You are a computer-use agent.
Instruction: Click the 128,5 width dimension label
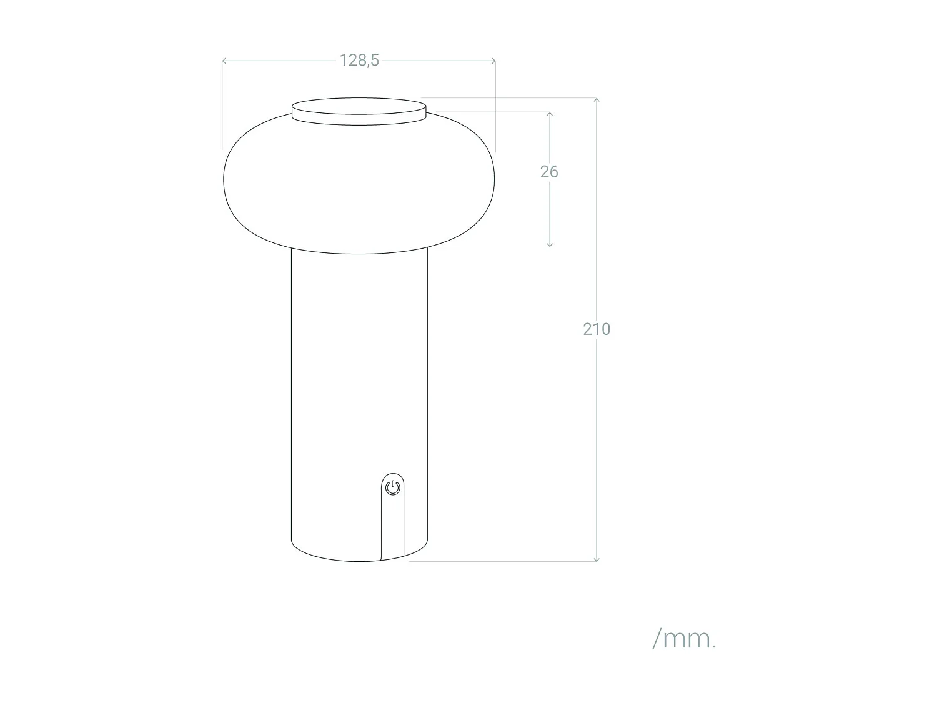click(359, 60)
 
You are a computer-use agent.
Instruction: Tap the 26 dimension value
click(549, 171)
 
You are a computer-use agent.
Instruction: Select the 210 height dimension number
click(596, 329)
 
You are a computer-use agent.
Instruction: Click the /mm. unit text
click(684, 639)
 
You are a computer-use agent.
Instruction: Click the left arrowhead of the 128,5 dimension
click(224, 61)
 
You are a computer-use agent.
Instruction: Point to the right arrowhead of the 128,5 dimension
click(494, 61)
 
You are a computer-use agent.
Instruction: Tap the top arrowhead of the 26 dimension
click(550, 114)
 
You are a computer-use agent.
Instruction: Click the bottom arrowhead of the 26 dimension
click(550, 244)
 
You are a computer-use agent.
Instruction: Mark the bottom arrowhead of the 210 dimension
click(597, 559)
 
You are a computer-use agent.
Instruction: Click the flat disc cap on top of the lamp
click(359, 111)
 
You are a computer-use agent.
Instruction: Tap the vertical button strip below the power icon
click(392, 525)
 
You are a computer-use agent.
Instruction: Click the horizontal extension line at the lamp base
click(500, 561)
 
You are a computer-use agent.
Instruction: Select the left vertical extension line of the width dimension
click(222, 106)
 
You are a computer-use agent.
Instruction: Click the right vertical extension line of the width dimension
click(495, 106)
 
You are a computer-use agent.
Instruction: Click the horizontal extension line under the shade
click(493, 247)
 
